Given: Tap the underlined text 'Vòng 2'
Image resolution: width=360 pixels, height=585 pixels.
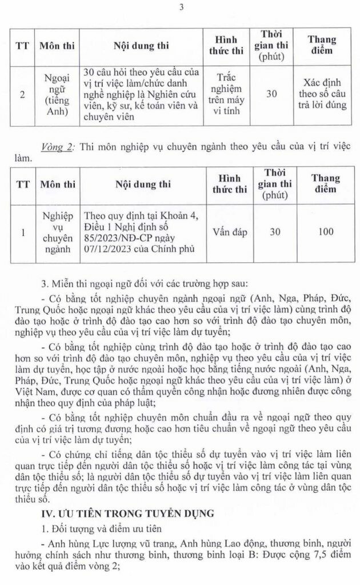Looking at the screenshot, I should click(58, 146).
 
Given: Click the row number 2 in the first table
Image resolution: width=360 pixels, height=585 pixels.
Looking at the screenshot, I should click(22, 94).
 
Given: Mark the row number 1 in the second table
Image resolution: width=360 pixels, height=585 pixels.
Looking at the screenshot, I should click(22, 233).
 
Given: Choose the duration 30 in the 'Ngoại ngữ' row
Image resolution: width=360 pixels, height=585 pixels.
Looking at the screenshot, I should click(272, 94).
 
